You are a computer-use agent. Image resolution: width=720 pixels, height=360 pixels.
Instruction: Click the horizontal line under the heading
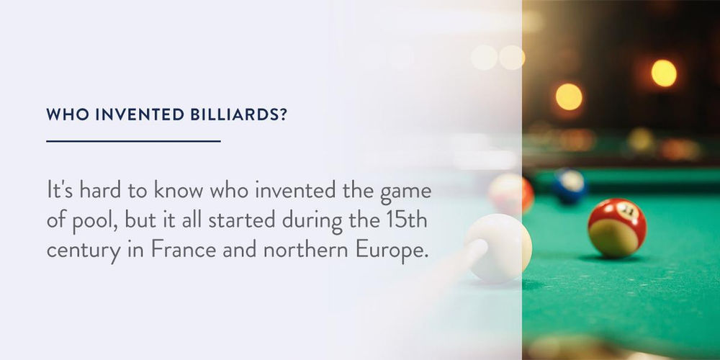tap(133, 141)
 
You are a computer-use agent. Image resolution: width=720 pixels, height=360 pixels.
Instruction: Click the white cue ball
tap(498, 248)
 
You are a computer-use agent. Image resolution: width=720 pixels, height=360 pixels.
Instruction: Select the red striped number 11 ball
tap(617, 227)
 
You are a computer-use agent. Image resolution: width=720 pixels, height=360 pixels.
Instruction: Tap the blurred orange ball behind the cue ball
tap(511, 193)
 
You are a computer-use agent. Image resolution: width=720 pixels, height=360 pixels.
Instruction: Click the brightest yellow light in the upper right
tap(663, 73)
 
